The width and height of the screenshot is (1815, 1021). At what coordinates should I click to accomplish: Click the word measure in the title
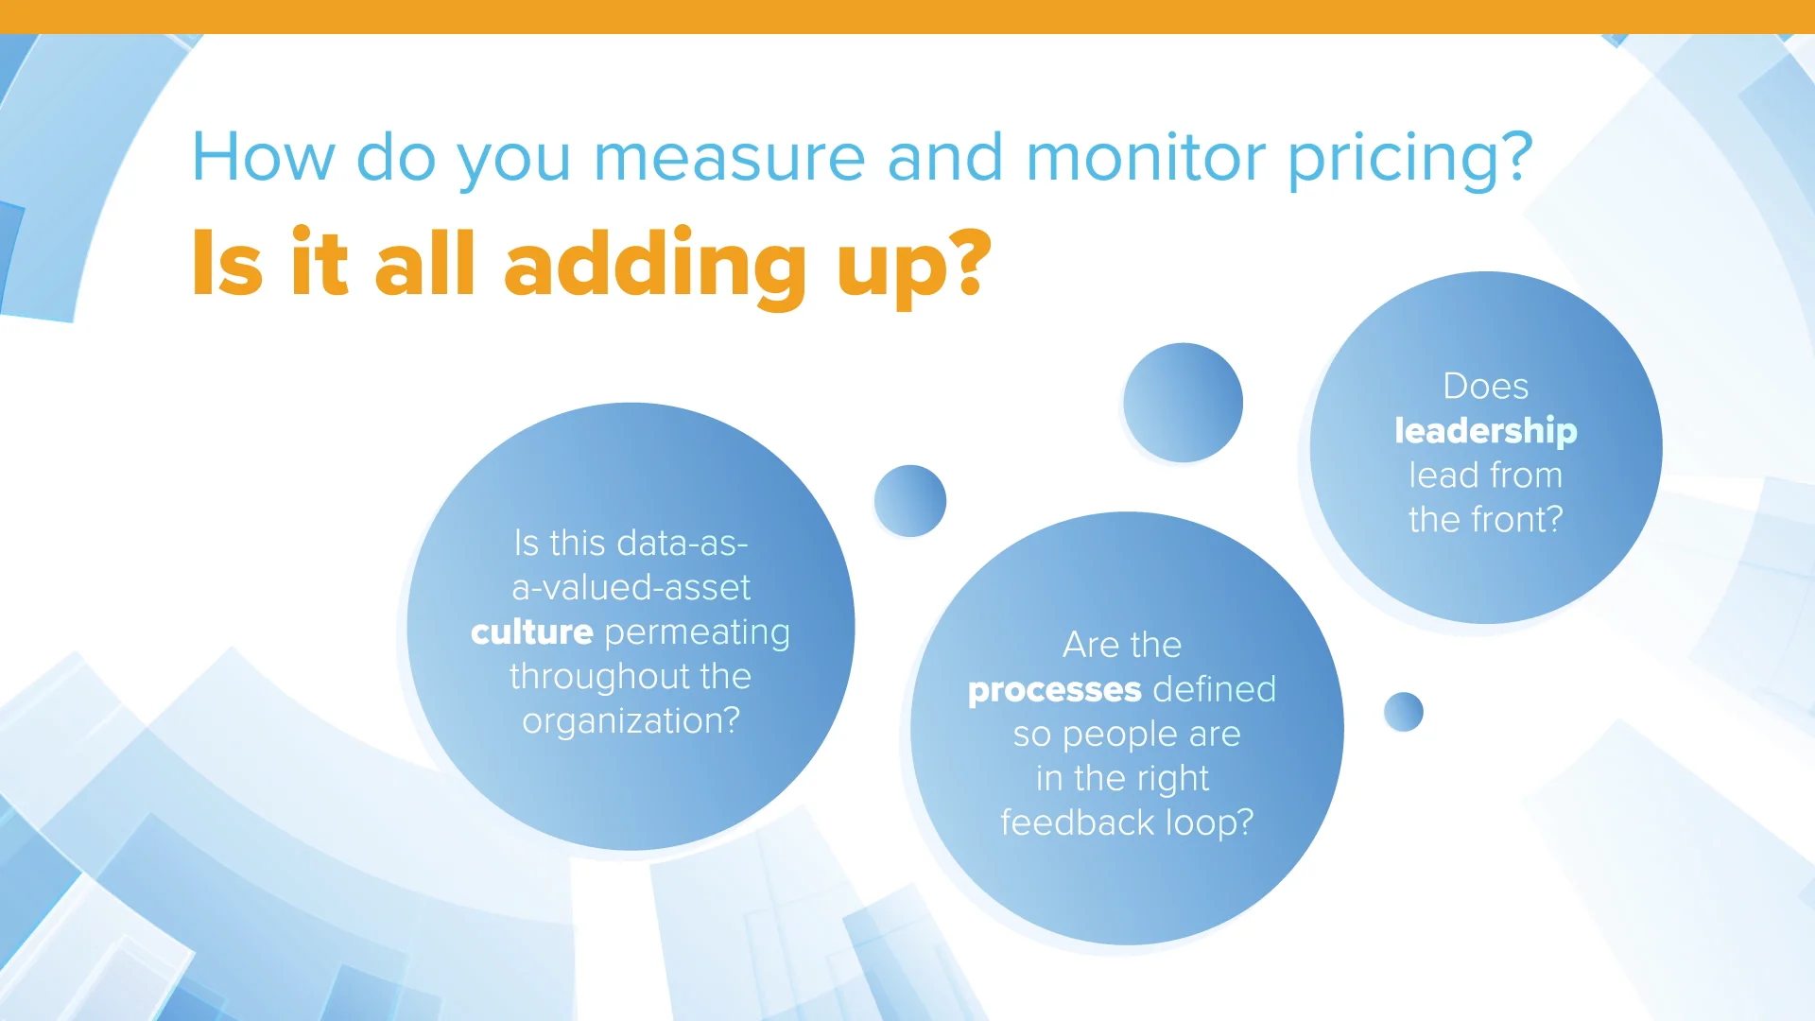coord(729,157)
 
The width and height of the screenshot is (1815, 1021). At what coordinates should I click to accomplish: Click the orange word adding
coord(655,266)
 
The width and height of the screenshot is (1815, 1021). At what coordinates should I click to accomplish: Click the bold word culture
coord(532,632)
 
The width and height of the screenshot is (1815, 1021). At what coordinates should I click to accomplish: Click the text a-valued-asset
coord(631,588)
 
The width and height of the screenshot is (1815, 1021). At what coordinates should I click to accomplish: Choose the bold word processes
coord(1055,690)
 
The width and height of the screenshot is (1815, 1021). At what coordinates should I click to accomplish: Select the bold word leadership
coord(1485,431)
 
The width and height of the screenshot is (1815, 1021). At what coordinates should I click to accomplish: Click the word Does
coord(1485,387)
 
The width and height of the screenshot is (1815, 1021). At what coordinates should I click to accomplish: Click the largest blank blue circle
coord(1183,403)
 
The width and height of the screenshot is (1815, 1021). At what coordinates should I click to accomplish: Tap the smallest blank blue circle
coord(1403,712)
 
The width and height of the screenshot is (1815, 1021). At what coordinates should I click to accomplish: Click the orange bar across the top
coord(907,16)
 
